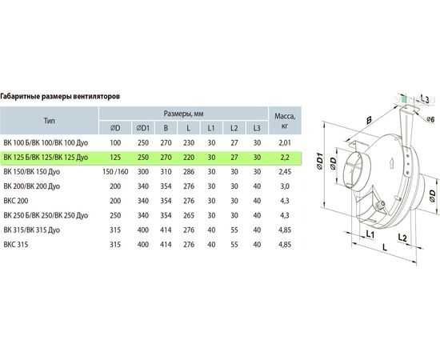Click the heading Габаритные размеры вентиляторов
(x=60, y=97)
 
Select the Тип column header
(x=49, y=121)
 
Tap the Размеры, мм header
(x=183, y=114)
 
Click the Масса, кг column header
(x=285, y=121)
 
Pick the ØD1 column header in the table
(x=143, y=128)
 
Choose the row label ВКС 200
(x=16, y=201)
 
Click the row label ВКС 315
(x=16, y=245)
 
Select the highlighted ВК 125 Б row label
(x=46, y=158)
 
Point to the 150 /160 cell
(x=115, y=172)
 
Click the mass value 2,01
(x=285, y=143)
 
